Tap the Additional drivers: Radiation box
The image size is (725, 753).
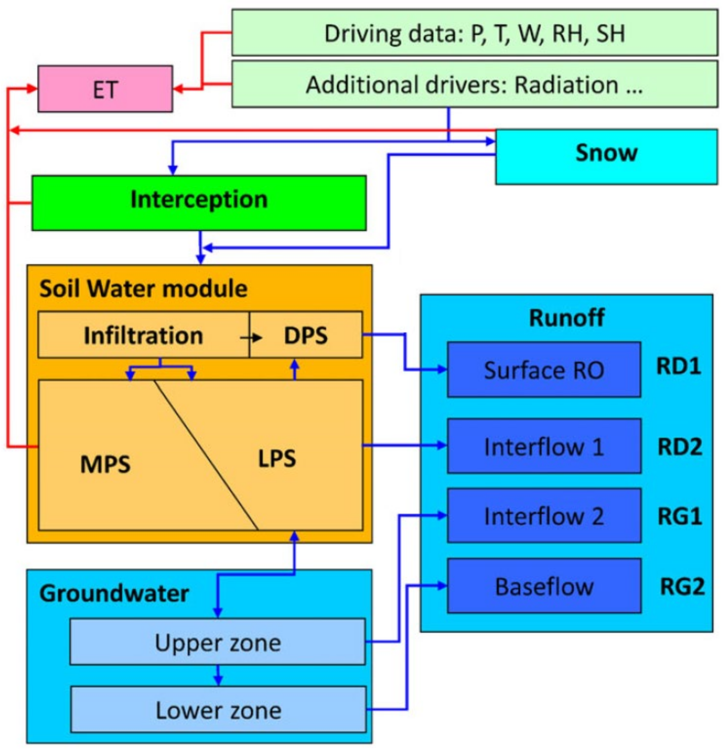tap(474, 84)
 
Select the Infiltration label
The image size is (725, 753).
tap(143, 335)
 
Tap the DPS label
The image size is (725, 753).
tap(306, 335)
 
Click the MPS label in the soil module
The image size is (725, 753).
tap(105, 464)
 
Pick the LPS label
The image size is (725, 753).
tap(277, 458)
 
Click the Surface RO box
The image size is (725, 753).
tap(544, 370)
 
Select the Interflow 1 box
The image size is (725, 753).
tap(544, 446)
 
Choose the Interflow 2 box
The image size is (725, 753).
tap(544, 516)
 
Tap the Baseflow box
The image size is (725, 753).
tap(544, 586)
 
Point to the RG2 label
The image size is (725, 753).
tap(682, 586)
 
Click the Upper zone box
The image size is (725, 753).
tap(217, 642)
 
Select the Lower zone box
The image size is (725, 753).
tap(218, 710)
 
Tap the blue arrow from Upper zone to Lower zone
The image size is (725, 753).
tap(218, 675)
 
